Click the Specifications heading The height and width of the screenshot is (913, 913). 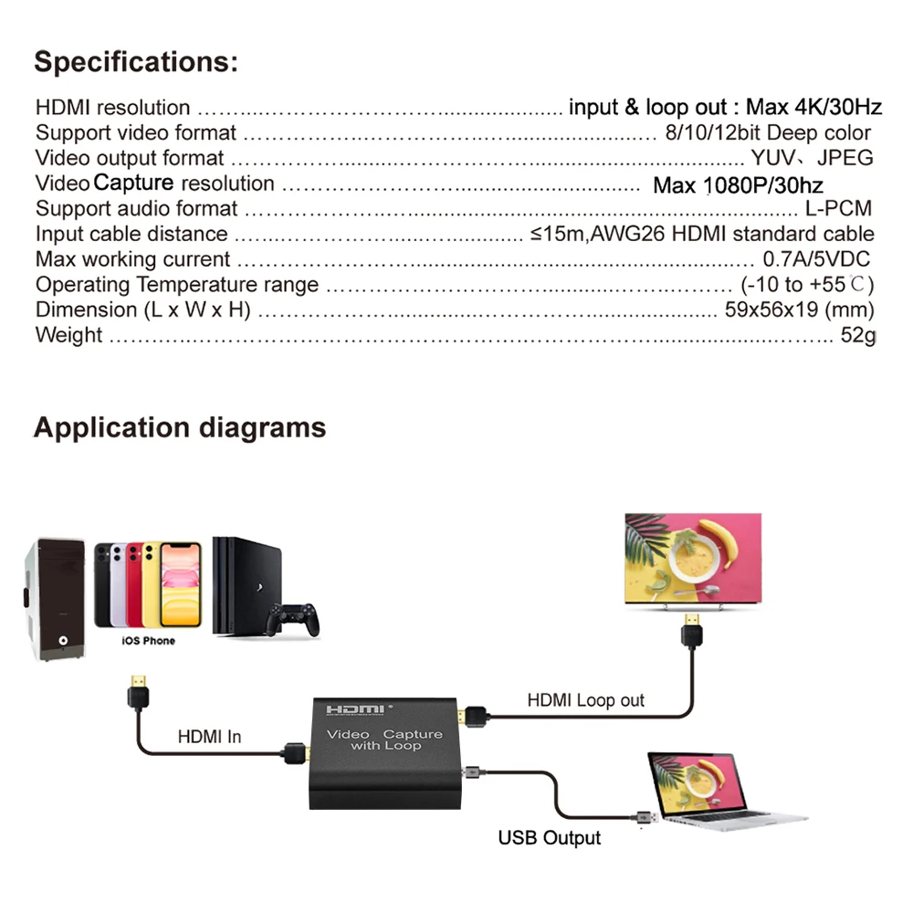coord(136,63)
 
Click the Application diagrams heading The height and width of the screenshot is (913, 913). coord(179,427)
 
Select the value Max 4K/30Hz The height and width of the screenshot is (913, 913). coord(814,108)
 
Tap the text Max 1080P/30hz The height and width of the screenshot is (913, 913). coord(738,186)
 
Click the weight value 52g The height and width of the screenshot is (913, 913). coord(857,335)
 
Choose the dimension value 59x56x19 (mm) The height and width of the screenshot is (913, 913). coord(800,310)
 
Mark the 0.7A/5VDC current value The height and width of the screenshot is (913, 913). coord(816,259)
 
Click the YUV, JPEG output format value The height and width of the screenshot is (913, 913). coord(812,158)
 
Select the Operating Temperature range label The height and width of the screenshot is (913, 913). coord(177,285)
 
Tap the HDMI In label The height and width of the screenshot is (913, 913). coord(209,736)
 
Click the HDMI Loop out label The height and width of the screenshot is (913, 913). coord(585,700)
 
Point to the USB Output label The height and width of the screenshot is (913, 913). coord(549,837)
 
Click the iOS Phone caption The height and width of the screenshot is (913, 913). coord(148,641)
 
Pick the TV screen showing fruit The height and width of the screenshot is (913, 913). coord(692,560)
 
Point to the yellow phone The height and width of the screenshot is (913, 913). coord(180,584)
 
